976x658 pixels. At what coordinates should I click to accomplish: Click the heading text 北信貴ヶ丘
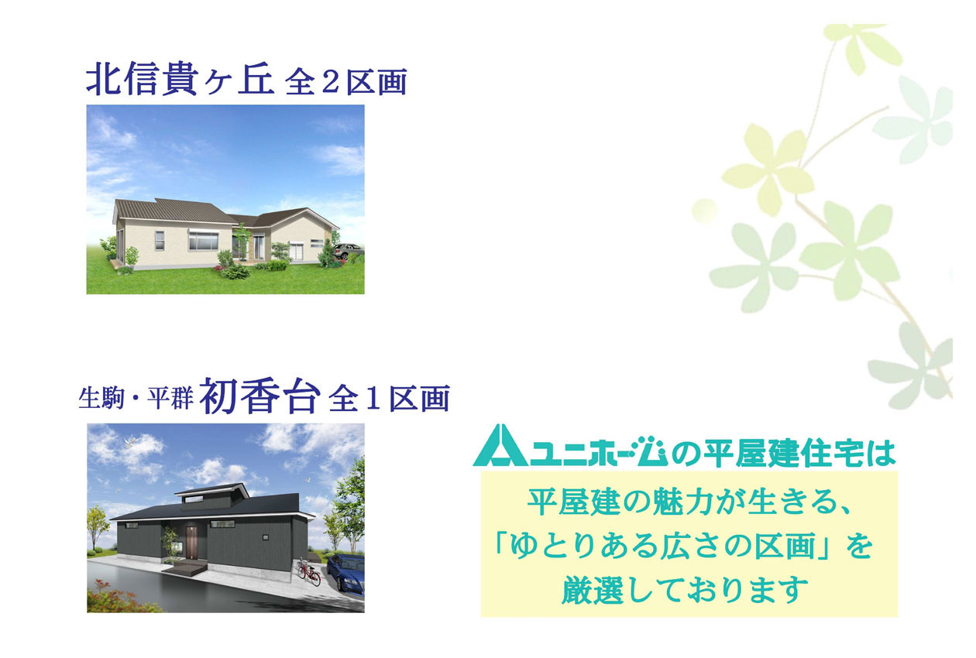click(x=180, y=81)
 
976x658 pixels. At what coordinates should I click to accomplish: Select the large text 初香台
click(x=259, y=396)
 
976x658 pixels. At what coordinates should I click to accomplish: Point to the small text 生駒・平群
click(x=136, y=399)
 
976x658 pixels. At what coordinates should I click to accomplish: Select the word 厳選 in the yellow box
click(x=593, y=590)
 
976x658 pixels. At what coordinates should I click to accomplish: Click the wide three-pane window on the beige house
click(x=204, y=241)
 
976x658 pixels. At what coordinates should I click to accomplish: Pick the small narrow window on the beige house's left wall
click(x=160, y=240)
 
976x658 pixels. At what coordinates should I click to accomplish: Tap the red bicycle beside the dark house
click(x=309, y=573)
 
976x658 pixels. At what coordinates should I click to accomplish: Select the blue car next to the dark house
click(x=345, y=573)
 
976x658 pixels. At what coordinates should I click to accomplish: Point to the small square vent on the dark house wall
click(x=266, y=537)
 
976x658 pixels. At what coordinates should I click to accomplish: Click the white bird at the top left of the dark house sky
click(x=129, y=444)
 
